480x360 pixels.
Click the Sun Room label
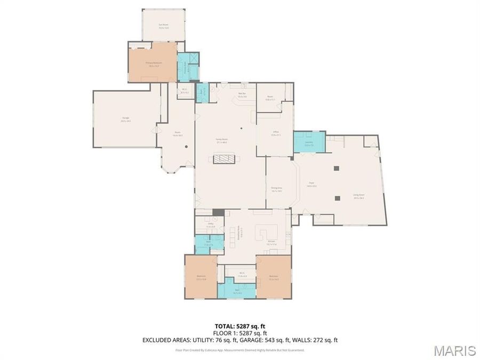point(163,25)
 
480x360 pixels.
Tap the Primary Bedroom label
point(153,63)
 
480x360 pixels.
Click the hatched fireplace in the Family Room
point(224,158)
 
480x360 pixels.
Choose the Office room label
point(275,134)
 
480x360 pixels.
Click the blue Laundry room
point(309,143)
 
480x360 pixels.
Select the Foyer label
point(311,185)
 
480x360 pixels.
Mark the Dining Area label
point(276,189)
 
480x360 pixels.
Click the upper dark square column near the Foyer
point(336,169)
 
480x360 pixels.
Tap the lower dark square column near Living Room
point(337,198)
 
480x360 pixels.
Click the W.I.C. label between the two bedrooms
point(242,274)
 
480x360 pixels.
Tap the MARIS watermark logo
point(454,350)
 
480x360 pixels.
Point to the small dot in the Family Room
point(241,128)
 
